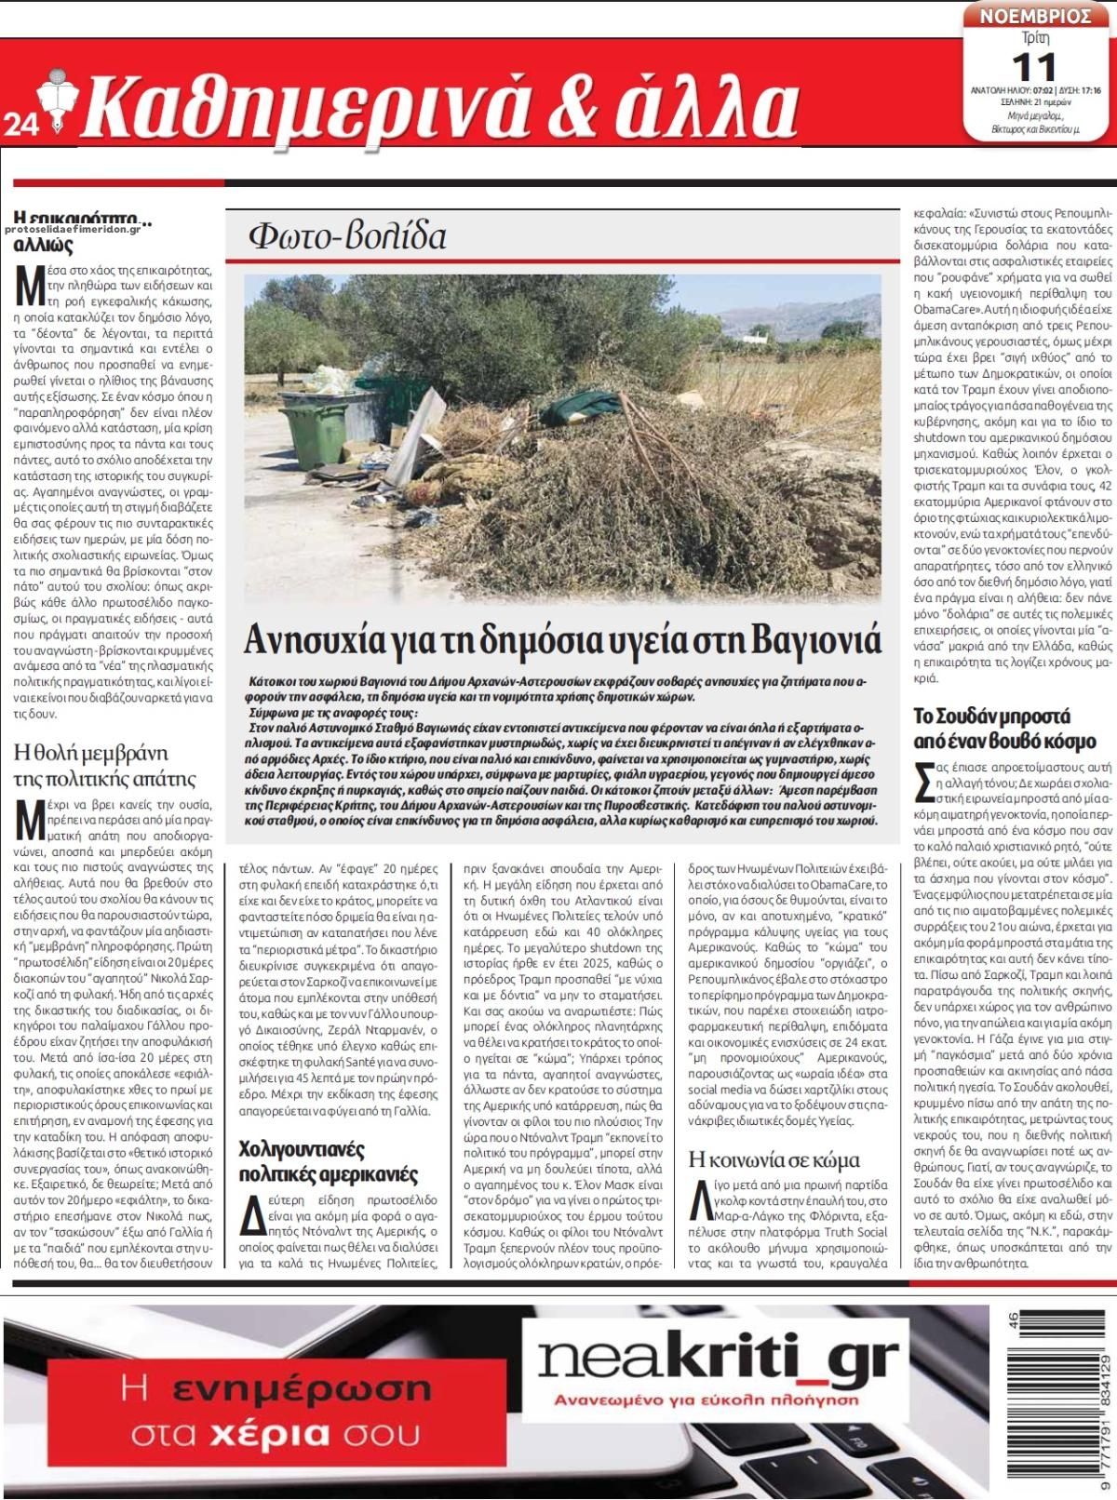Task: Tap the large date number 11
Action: (1033, 66)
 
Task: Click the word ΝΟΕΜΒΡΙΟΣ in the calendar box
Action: (1033, 15)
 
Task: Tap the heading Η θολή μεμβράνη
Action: (91, 752)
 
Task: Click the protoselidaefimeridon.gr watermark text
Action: (78, 228)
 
